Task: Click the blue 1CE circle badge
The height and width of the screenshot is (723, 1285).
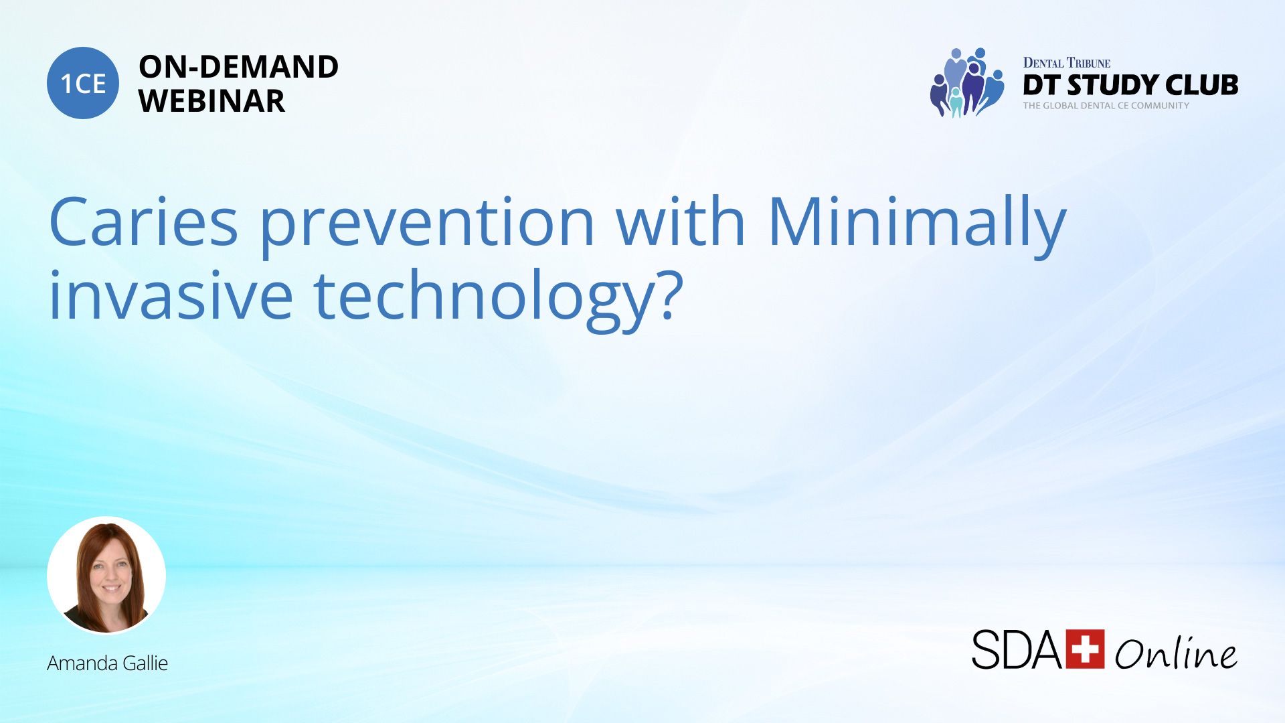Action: tap(83, 83)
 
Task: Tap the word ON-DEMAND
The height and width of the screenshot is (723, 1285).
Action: tap(238, 67)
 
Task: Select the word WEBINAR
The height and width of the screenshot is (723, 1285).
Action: tap(211, 101)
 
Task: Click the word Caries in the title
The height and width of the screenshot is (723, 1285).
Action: tap(143, 222)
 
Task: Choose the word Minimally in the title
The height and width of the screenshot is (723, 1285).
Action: tap(917, 226)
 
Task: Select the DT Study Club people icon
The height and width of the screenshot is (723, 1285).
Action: tap(966, 82)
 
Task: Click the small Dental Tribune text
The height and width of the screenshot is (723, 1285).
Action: tap(1066, 63)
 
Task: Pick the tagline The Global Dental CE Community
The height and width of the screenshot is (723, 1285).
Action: tap(1106, 106)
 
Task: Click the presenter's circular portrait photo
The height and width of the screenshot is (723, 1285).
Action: tap(106, 575)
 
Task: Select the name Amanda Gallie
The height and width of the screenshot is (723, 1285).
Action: tap(107, 663)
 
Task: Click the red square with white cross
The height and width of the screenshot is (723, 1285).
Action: tap(1085, 649)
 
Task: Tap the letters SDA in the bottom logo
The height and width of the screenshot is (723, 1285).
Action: tap(1017, 649)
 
